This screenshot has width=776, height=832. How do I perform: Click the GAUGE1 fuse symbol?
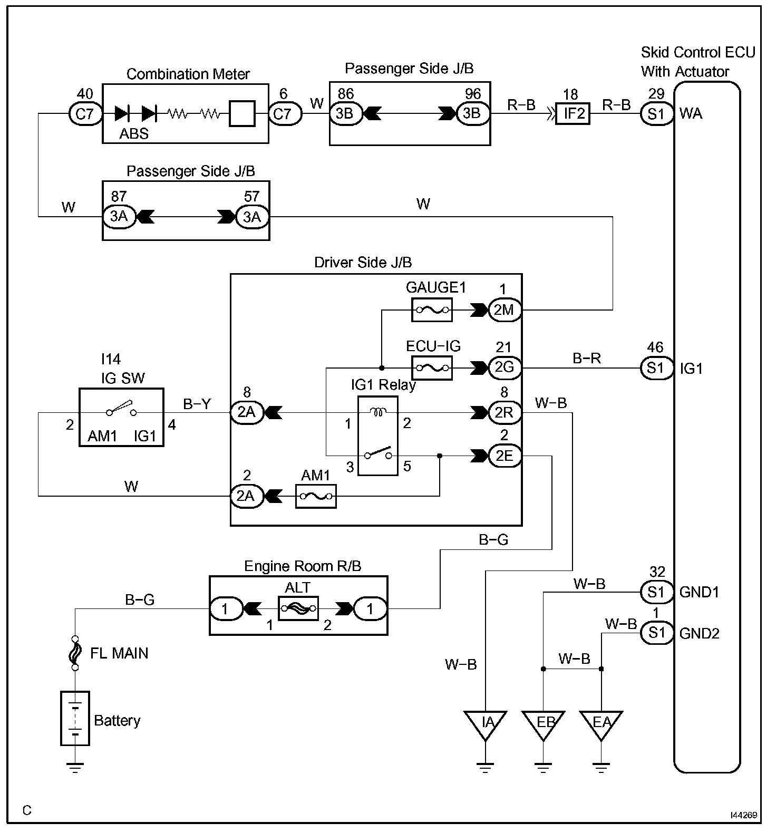pos(432,310)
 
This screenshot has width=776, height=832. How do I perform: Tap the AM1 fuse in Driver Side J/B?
pos(316,496)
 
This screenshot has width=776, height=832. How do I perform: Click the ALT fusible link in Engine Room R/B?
pos(298,609)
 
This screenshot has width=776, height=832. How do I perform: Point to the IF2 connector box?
pos(573,113)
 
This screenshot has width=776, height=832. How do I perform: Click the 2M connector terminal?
pos(505,310)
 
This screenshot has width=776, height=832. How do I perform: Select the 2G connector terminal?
pos(505,367)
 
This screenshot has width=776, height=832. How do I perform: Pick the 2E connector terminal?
pos(505,456)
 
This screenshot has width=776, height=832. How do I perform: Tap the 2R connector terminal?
pos(505,413)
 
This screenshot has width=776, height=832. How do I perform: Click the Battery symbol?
pos(75,718)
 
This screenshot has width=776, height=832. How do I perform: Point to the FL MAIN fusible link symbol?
pos(75,652)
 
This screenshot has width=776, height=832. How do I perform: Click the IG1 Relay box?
pos(378,436)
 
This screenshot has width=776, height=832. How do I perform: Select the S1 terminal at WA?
pos(657,113)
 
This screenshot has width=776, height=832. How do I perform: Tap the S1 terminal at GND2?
pos(657,633)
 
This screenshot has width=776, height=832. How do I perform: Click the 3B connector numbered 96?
pos(473,113)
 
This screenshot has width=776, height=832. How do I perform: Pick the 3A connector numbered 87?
pos(119,217)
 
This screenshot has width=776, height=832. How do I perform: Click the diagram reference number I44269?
pos(744,815)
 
